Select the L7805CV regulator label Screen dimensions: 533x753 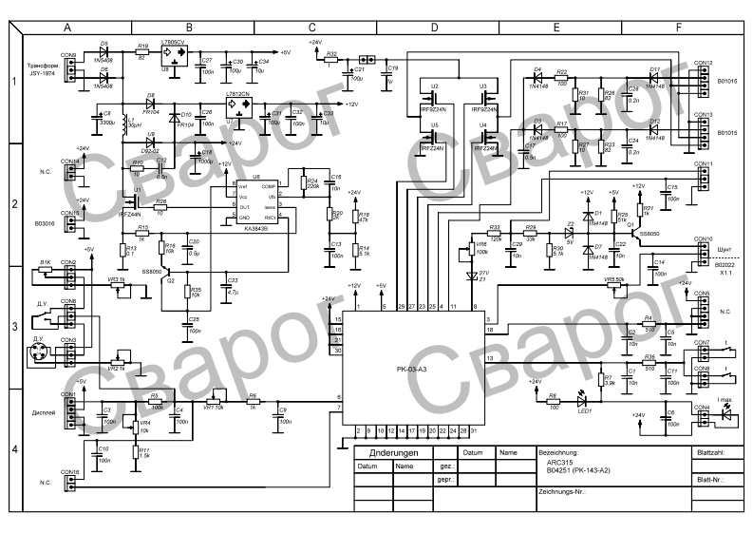pos(173,44)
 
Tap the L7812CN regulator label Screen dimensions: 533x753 pos(237,95)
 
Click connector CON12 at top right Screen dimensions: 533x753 pos(704,64)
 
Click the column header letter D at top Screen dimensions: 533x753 pos(433,29)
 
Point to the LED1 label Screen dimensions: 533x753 pos(585,411)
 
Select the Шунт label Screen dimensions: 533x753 pos(726,245)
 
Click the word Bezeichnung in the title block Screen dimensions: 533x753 pos(557,453)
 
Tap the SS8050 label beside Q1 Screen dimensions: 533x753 pos(649,233)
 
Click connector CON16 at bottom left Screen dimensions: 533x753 pos(68,472)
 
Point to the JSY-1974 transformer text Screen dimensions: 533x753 pos(44,73)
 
